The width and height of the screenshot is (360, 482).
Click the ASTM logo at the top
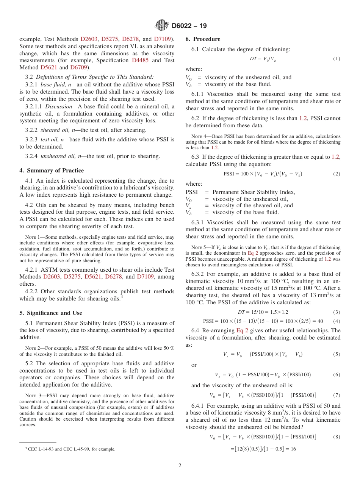[162, 25]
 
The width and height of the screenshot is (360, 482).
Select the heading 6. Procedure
[203, 39]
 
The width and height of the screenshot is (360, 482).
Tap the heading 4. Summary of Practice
[52, 171]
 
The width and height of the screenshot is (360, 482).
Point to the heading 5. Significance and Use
[51, 313]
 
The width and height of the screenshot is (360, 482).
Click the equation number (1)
[337, 59]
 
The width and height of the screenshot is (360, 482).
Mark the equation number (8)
[337, 437]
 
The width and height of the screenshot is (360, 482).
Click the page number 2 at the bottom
[180, 466]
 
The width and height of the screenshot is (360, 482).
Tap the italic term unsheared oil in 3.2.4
[56, 156]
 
